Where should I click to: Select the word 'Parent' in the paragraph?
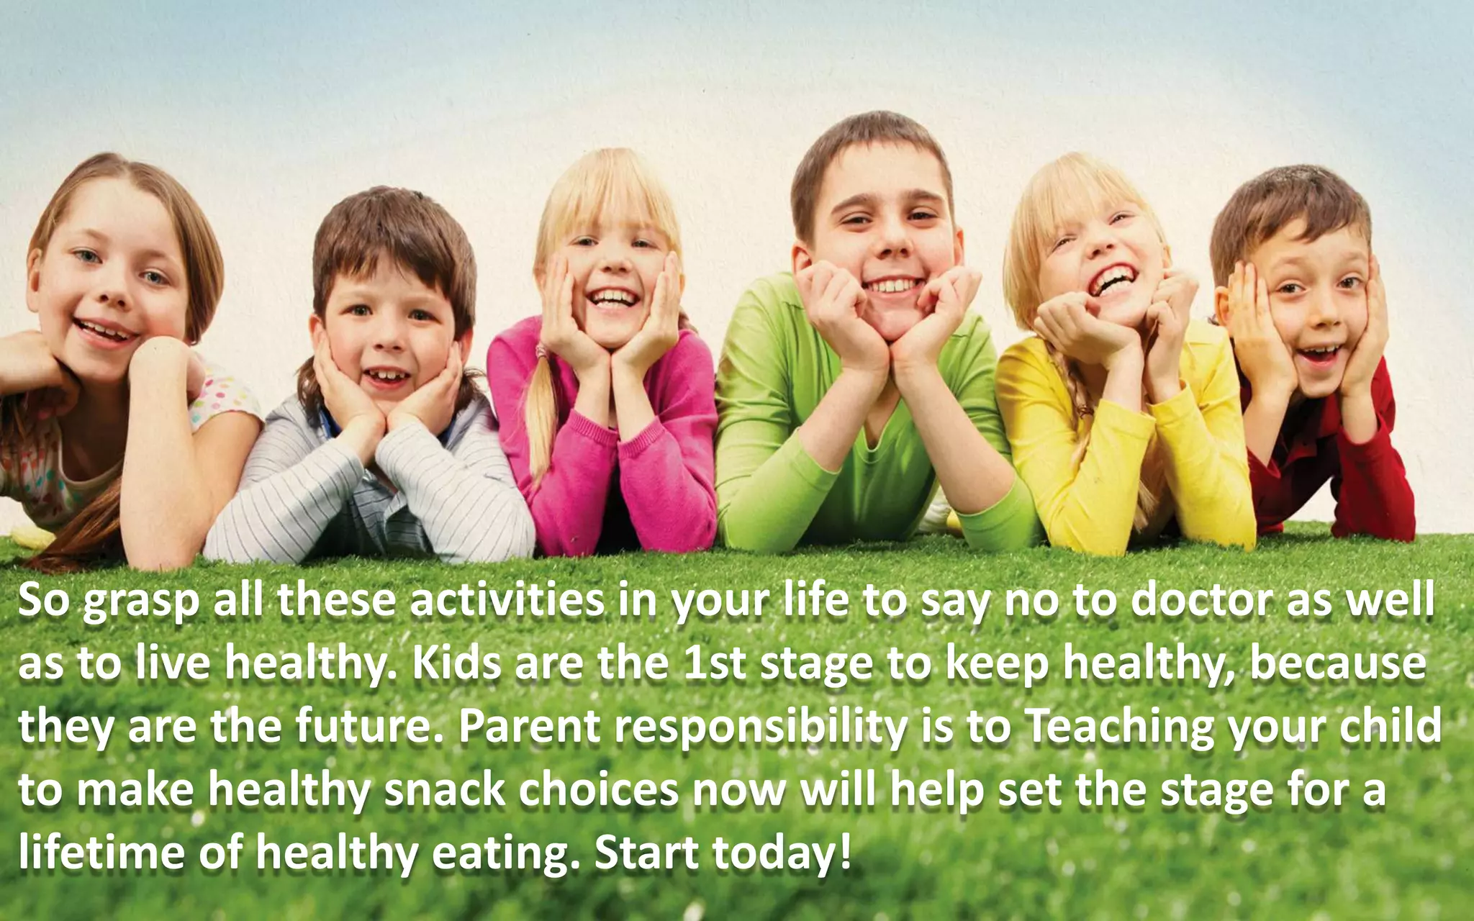(x=529, y=727)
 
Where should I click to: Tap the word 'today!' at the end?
(x=782, y=853)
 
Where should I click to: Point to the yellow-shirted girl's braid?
(x=1080, y=417)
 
